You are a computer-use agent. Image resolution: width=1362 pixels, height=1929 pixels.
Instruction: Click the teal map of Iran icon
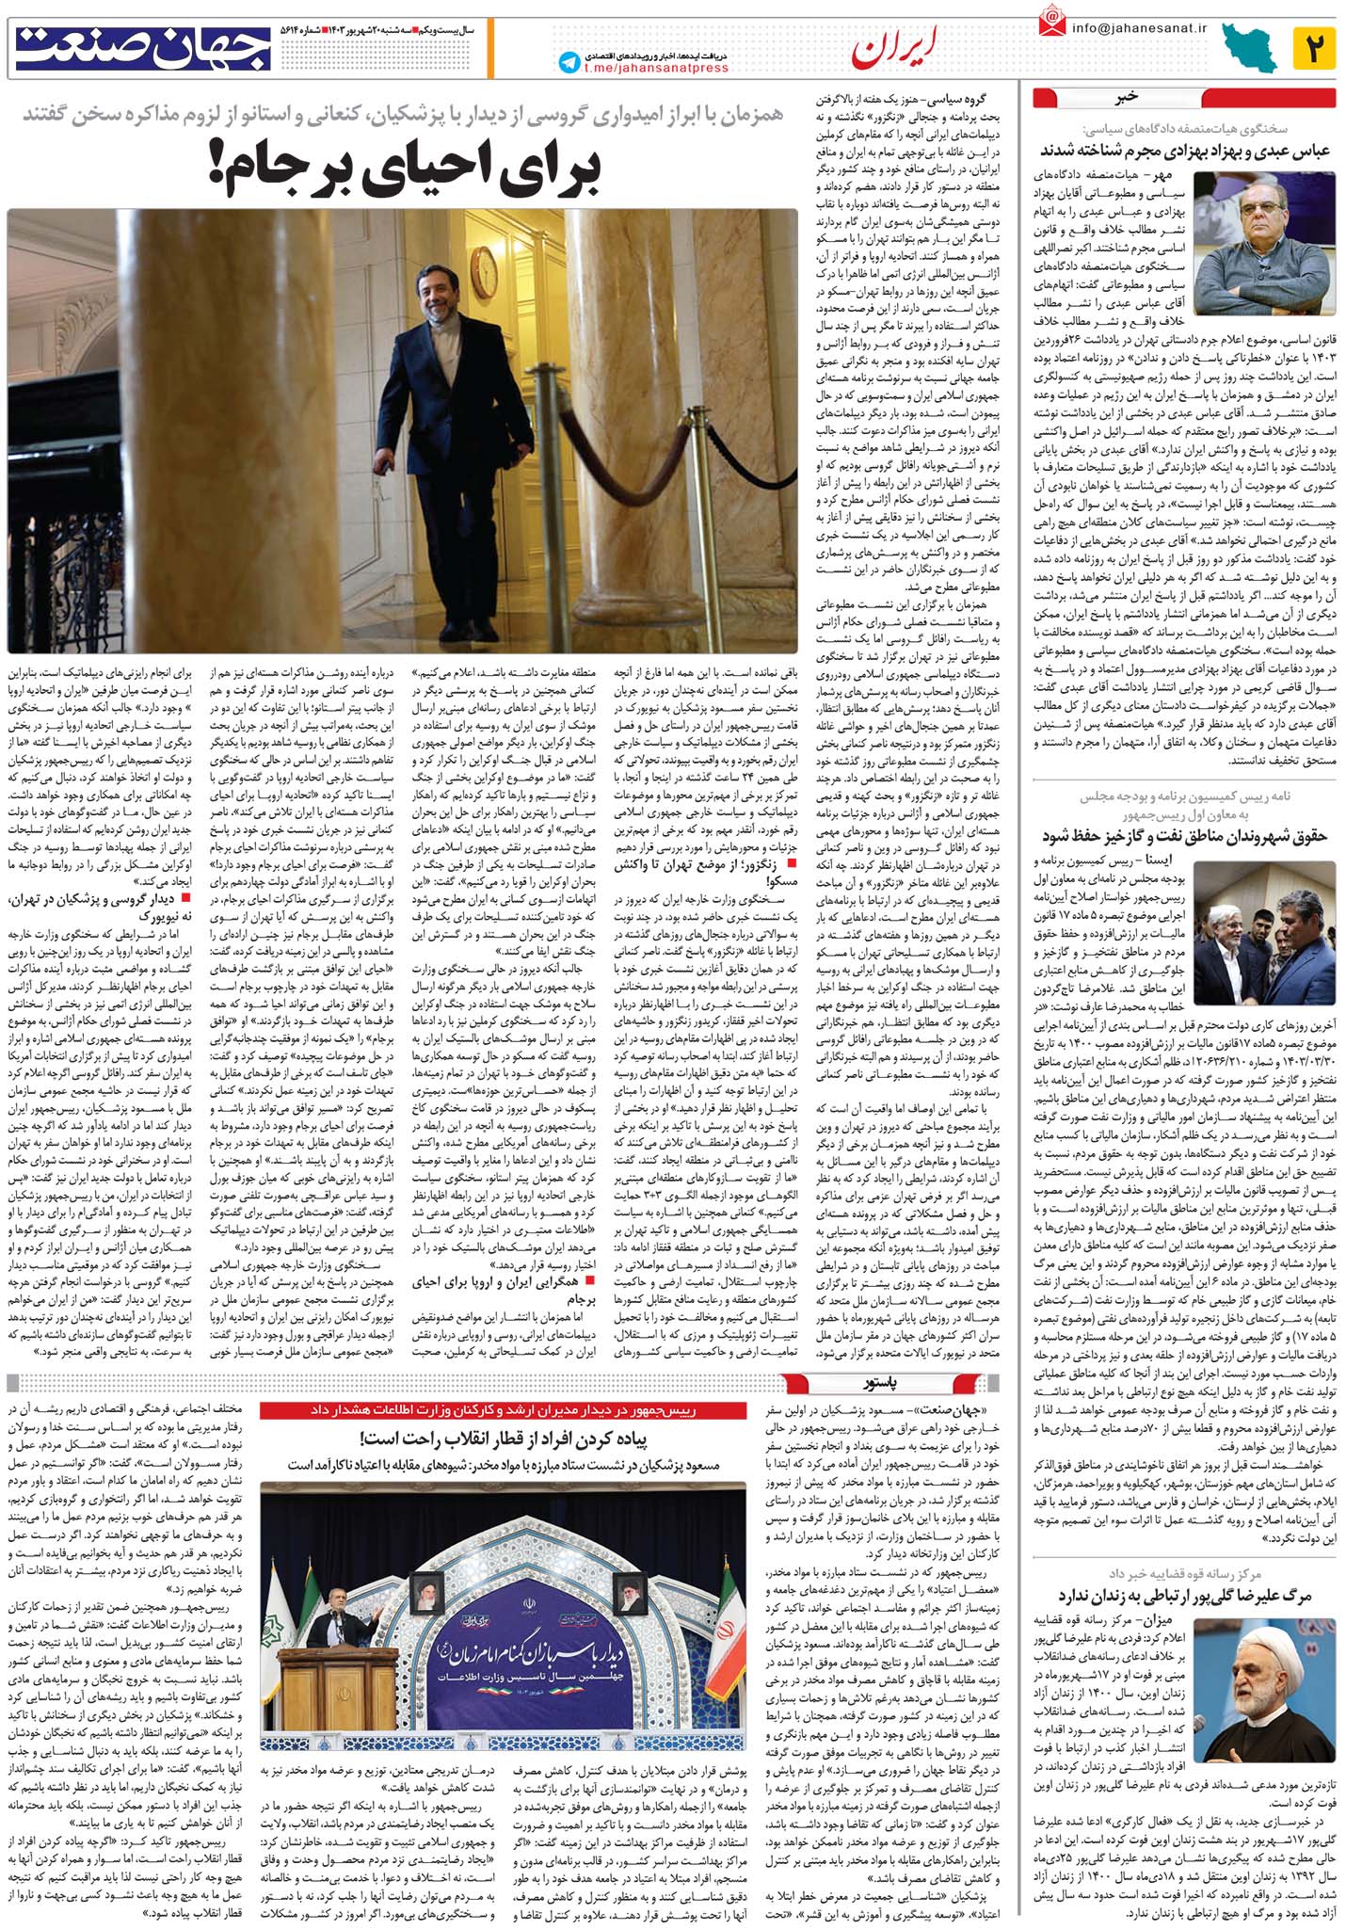point(1250,48)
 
